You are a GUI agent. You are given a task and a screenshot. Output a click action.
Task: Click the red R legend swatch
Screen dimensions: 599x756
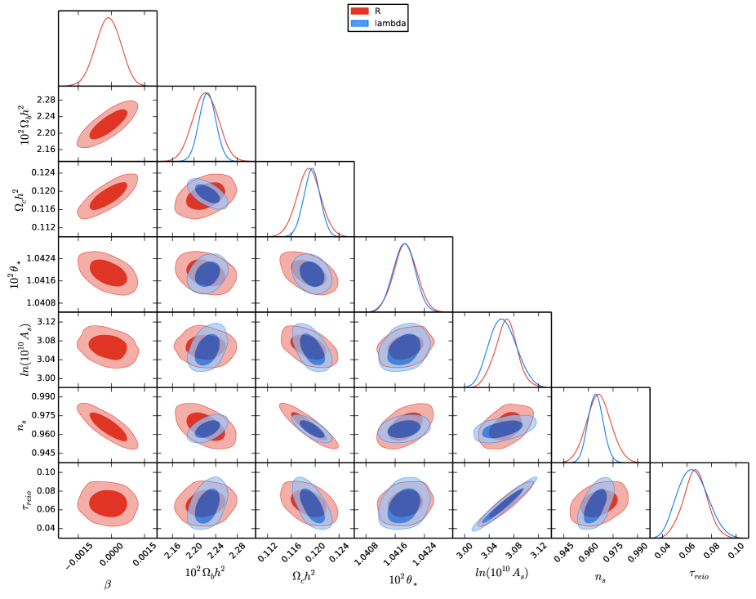point(362,11)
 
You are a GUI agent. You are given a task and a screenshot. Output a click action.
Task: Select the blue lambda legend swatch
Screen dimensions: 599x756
point(362,25)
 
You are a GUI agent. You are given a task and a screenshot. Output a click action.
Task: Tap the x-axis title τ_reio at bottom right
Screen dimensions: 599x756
point(697,574)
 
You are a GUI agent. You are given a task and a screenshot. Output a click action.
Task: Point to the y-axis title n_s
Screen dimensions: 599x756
point(23,423)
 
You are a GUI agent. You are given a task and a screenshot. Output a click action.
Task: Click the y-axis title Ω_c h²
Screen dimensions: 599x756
point(23,199)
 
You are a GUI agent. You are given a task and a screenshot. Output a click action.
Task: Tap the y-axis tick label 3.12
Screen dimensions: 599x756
point(45,321)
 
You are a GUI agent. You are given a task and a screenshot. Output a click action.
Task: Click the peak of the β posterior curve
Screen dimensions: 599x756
point(107,17)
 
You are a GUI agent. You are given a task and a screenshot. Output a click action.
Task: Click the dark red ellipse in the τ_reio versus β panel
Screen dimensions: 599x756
point(107,503)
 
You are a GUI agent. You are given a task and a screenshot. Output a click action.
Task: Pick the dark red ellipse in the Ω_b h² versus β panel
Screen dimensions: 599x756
point(108,124)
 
